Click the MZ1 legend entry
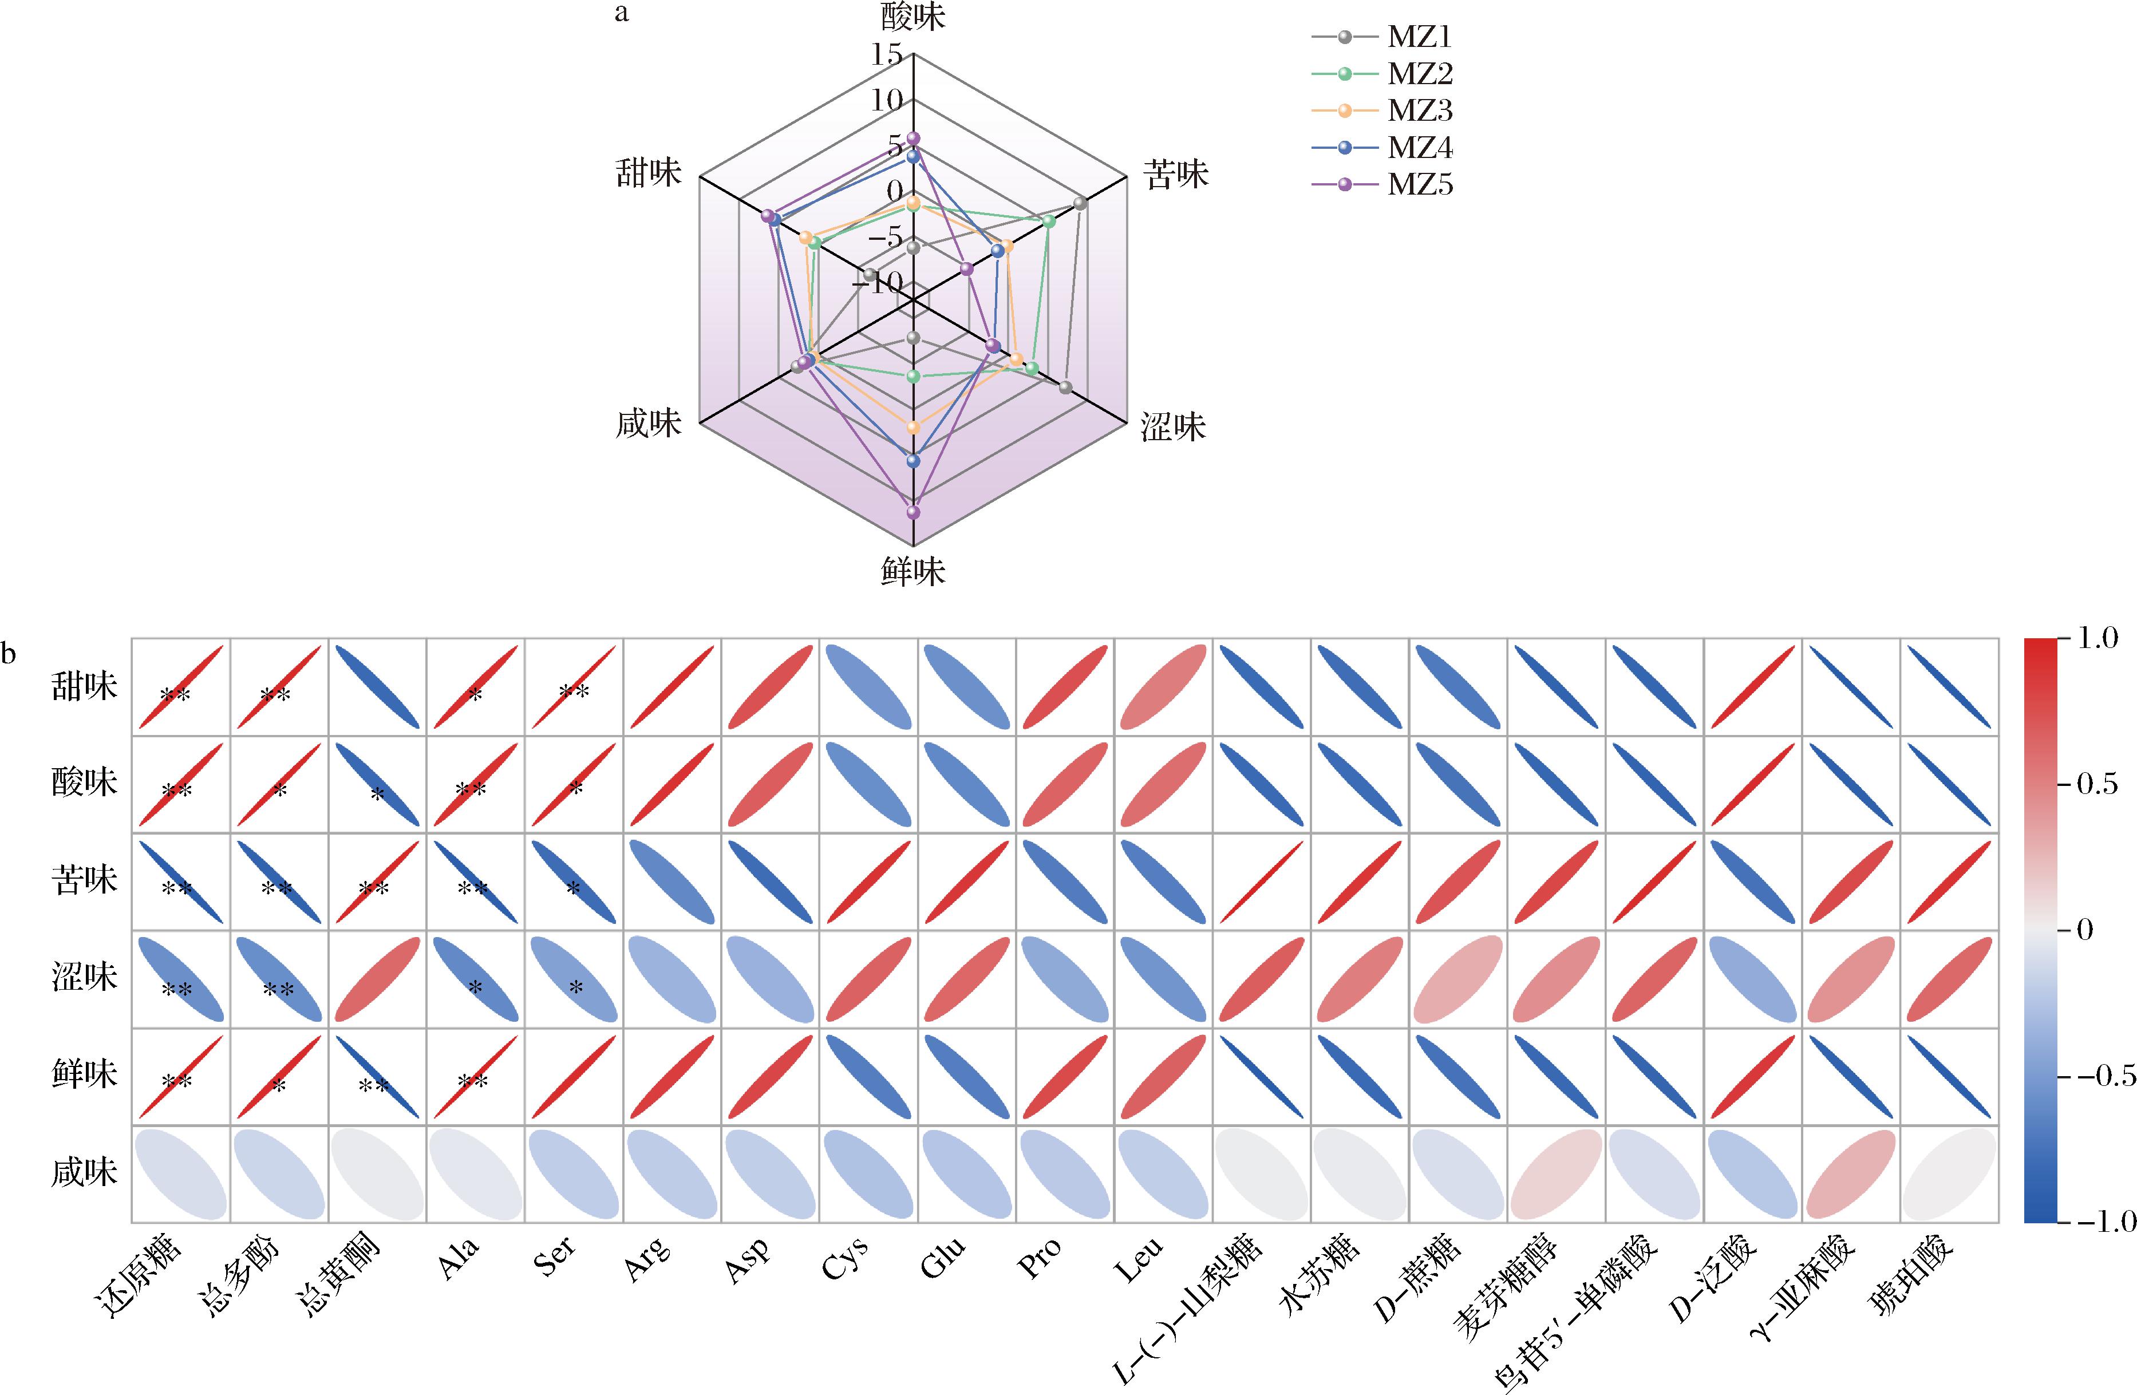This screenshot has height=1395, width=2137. pos(1382,37)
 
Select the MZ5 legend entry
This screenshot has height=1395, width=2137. pos(1382,185)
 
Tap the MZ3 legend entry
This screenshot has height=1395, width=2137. pos(1382,111)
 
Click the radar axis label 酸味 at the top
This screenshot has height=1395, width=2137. pos(913,16)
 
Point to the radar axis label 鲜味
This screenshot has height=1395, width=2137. pos(913,571)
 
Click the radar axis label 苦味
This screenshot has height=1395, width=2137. pos(1175,174)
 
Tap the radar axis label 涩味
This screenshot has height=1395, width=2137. pos(1174,426)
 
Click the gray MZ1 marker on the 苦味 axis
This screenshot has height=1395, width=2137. pos(1081,204)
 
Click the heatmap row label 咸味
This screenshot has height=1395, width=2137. pos(84,1172)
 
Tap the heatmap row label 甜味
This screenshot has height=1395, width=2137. pos(84,687)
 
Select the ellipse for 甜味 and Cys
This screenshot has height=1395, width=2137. pos(868,687)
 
